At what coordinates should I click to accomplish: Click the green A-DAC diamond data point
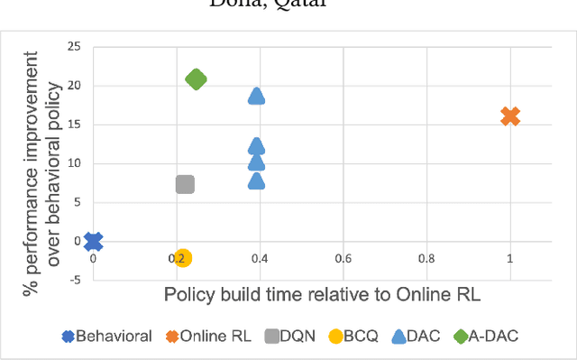[x=196, y=79]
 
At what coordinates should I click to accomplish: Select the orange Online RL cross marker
[x=510, y=116]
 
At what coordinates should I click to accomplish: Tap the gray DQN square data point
[x=185, y=184]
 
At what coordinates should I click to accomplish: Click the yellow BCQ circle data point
[x=183, y=257]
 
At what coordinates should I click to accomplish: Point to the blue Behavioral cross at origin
[x=93, y=241]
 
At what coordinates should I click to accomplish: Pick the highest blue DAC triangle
[x=256, y=96]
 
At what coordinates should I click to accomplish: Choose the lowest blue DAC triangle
[x=256, y=180]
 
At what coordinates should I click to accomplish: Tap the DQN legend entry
[x=290, y=337]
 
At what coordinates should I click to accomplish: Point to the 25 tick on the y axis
[x=75, y=47]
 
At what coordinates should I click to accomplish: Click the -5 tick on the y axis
[x=76, y=280]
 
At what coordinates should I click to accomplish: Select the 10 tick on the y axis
[x=75, y=163]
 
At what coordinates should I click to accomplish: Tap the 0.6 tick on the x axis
[x=343, y=259]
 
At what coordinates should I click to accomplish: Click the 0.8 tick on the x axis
[x=427, y=259]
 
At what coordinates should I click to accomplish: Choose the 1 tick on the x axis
[x=510, y=259]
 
